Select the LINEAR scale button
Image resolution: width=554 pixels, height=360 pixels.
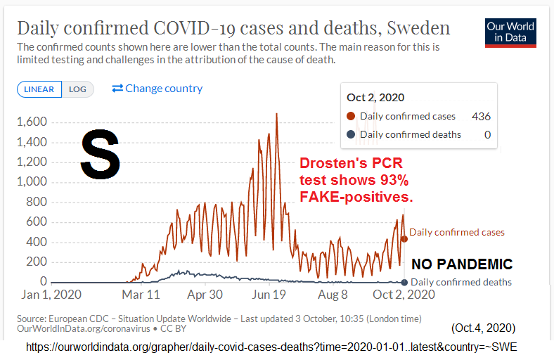(40, 89)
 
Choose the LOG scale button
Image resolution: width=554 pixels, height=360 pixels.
(77, 89)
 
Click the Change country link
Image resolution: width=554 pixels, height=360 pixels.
(157, 89)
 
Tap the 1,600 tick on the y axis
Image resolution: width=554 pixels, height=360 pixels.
(32, 122)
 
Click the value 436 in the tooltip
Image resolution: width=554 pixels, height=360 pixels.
(482, 117)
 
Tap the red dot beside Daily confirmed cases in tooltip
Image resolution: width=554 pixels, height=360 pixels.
(351, 117)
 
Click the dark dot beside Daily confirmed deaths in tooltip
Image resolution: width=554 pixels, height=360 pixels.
(351, 134)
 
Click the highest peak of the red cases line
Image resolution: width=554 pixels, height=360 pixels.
(276, 114)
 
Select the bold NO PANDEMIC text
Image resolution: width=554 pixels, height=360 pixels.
(462, 265)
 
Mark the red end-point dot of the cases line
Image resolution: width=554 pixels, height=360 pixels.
(404, 238)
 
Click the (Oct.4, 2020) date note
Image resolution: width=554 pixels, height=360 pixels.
(483, 328)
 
